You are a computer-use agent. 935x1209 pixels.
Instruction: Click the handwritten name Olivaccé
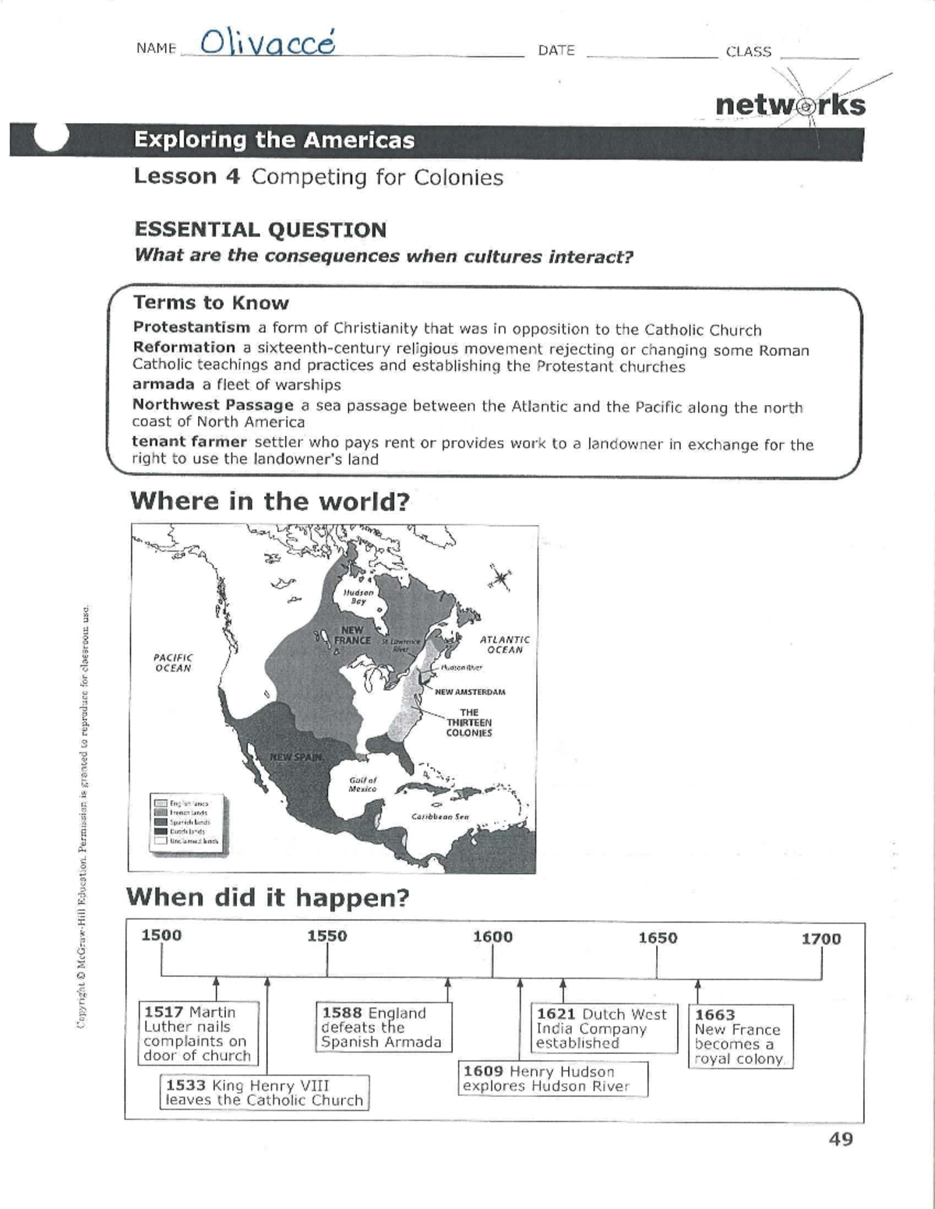[x=267, y=43]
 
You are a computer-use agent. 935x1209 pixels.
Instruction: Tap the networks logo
[x=789, y=105]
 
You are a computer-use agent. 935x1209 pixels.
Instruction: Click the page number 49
[x=841, y=1139]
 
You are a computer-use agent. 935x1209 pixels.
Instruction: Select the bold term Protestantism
[x=192, y=327]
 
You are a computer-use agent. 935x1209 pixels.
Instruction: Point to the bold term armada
[x=163, y=384]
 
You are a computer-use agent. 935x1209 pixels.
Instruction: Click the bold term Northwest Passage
[x=213, y=405]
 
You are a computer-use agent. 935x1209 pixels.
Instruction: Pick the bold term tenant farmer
[x=189, y=442]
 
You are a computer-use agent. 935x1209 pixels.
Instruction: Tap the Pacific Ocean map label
[x=172, y=662]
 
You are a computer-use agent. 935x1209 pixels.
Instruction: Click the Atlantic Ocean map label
[x=504, y=644]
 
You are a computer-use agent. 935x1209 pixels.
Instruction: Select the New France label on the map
[x=352, y=635]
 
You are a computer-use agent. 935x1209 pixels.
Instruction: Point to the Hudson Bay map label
[x=358, y=597]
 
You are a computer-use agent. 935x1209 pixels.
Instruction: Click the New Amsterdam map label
[x=470, y=692]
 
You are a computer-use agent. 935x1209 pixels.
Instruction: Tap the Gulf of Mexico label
[x=362, y=784]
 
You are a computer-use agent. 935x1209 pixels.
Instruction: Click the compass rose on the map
[x=499, y=577]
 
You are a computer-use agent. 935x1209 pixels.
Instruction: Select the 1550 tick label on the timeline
[x=326, y=936]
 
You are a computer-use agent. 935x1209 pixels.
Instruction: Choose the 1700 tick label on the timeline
[x=821, y=939]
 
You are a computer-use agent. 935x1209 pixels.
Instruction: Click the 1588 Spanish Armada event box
[x=383, y=1027]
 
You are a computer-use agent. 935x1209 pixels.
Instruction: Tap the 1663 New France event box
[x=739, y=1036]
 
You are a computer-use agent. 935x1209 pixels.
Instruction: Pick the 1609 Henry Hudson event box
[x=552, y=1079]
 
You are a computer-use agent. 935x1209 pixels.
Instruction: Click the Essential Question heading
[x=260, y=230]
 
